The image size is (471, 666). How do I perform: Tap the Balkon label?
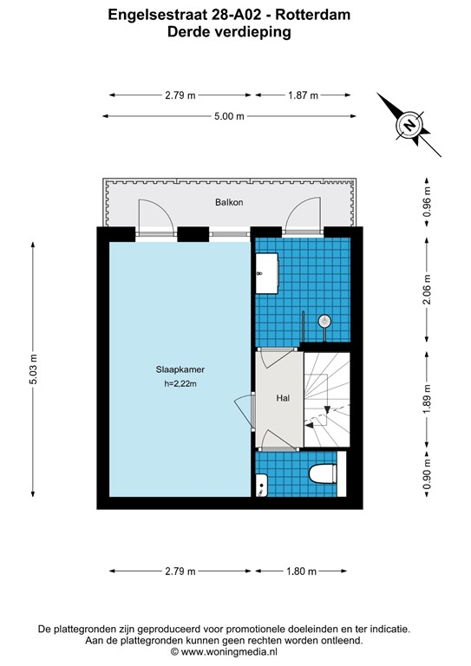pos(229,202)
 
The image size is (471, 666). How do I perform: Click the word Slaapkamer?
pos(180,369)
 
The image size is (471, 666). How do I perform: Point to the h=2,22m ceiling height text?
pos(180,384)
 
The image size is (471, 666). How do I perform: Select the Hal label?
pos(282,398)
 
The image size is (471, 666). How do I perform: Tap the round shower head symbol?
pos(325,322)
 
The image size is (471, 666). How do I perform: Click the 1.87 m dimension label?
pos(303,95)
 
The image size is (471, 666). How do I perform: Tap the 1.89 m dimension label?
pos(426,399)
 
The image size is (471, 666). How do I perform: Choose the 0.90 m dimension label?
pos(426,478)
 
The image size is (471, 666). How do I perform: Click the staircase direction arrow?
pos(311,425)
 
